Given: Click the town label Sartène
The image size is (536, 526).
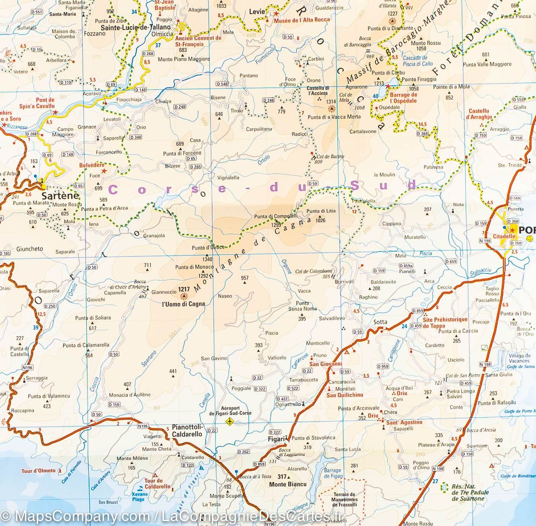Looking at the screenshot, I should tap(60, 196).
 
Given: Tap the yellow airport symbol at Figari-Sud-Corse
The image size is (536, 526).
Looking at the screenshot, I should tap(229, 422).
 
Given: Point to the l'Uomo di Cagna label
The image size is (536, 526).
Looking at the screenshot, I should tap(183, 304).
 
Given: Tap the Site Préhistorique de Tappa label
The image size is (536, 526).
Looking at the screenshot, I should tap(445, 322).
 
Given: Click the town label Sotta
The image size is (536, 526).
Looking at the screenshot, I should tap(380, 322).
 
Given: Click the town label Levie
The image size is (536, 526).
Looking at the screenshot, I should tap(257, 12).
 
